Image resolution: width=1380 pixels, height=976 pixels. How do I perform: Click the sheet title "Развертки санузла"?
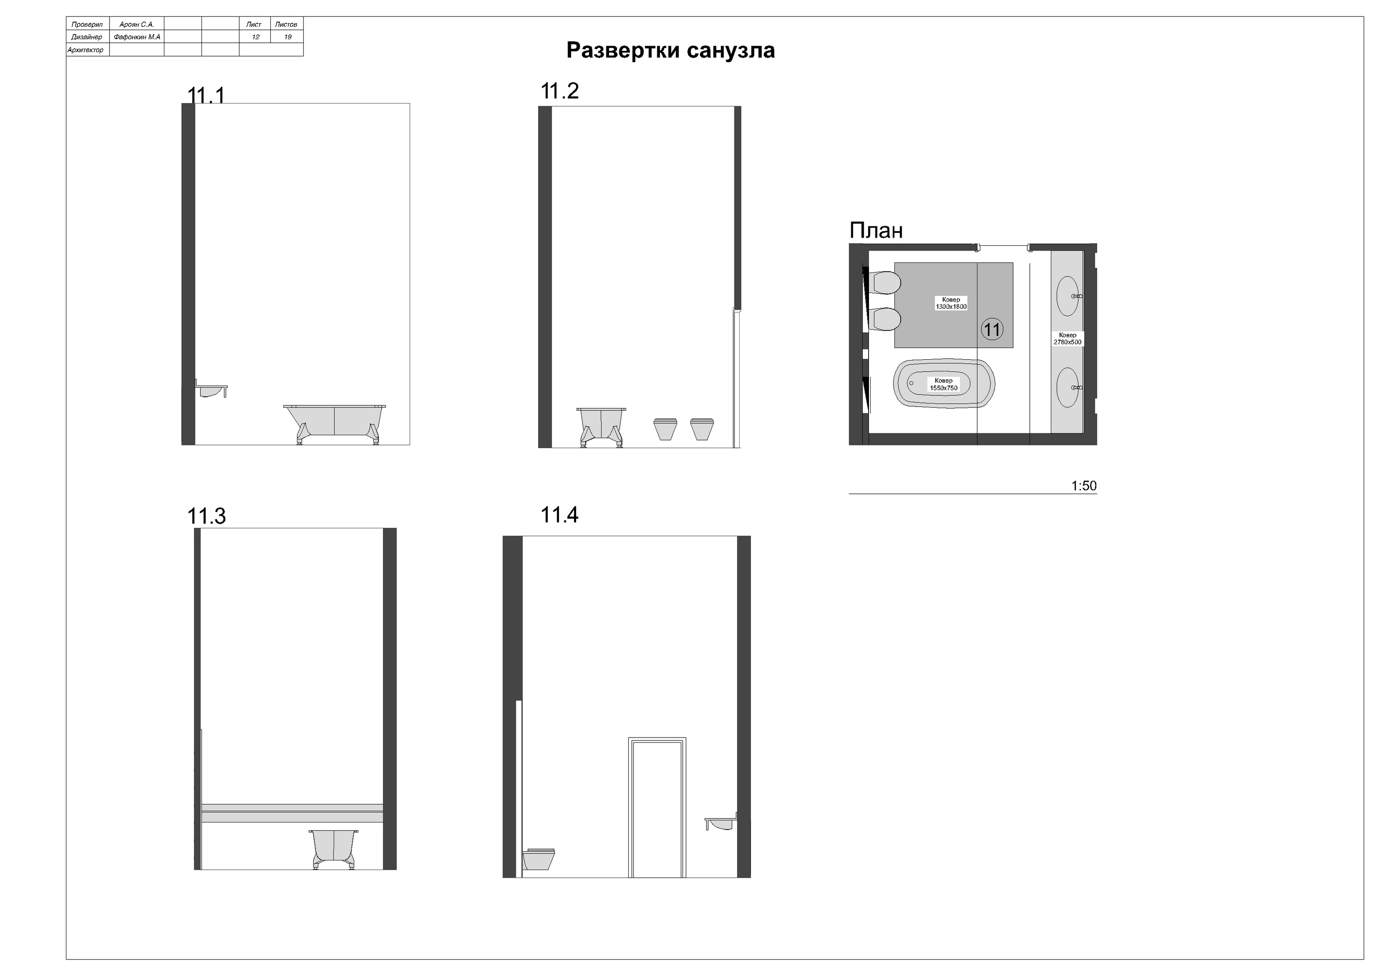670,50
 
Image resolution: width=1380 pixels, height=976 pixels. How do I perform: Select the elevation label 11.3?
206,516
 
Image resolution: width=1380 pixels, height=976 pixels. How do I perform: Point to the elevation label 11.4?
560,515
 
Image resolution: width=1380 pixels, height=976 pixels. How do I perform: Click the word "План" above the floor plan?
876,231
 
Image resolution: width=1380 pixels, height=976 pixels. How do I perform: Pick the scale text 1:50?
1084,486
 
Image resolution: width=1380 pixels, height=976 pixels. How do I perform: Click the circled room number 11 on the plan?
992,330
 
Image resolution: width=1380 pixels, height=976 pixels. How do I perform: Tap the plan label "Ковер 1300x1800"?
951,303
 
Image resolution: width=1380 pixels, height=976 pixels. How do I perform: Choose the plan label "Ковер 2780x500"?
1067,339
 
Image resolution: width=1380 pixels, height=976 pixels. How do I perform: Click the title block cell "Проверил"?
87,25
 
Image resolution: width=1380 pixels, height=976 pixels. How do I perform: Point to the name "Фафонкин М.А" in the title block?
137,37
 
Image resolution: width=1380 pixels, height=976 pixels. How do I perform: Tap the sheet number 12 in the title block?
255,37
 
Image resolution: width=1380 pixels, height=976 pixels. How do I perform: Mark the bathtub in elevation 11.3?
334,849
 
